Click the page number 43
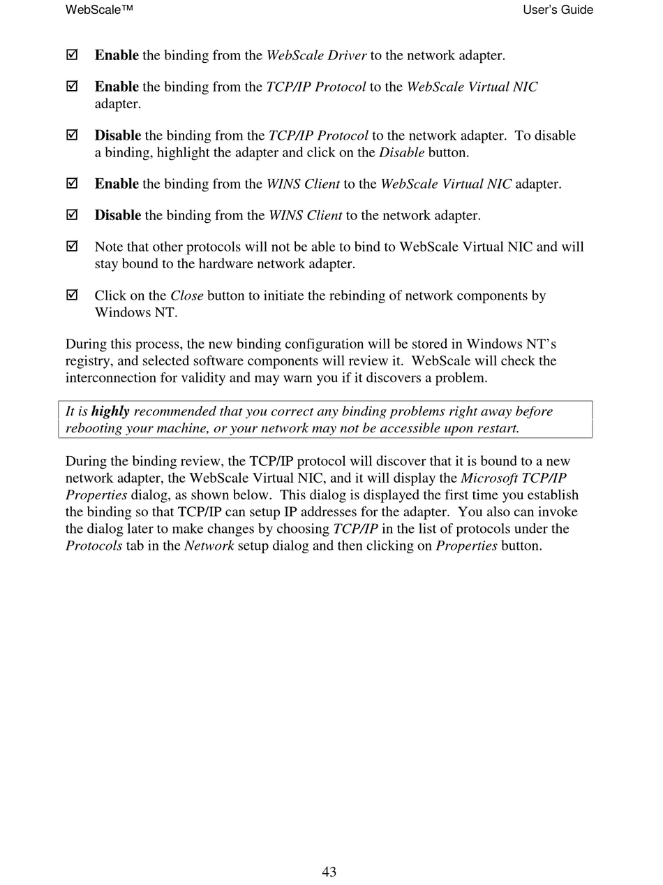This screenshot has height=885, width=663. click(x=329, y=872)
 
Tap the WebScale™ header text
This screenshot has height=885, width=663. click(x=99, y=10)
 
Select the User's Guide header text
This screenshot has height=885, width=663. click(x=558, y=10)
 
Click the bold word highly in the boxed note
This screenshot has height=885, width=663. click(x=110, y=411)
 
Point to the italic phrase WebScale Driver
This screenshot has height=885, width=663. click(x=316, y=55)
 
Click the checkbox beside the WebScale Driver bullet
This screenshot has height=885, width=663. click(x=72, y=54)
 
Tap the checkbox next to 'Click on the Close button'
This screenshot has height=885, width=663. click(x=72, y=295)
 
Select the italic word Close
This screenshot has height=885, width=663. click(x=186, y=295)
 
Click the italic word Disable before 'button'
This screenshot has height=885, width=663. click(x=401, y=152)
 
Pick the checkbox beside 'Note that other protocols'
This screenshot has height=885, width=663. click(x=72, y=246)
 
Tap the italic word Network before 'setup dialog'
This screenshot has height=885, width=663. click(x=209, y=546)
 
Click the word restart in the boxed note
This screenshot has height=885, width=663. click(x=495, y=428)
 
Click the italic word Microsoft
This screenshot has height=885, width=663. click(x=489, y=478)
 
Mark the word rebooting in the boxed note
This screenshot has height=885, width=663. click(x=94, y=428)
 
